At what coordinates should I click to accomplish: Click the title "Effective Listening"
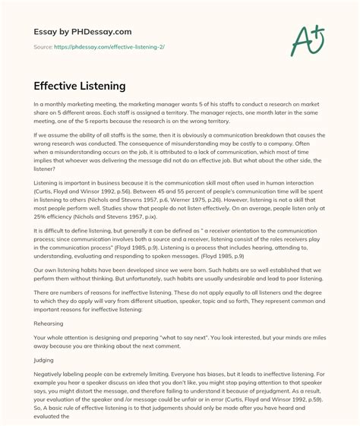[x=80, y=87]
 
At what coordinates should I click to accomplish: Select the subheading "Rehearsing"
[x=49, y=322]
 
